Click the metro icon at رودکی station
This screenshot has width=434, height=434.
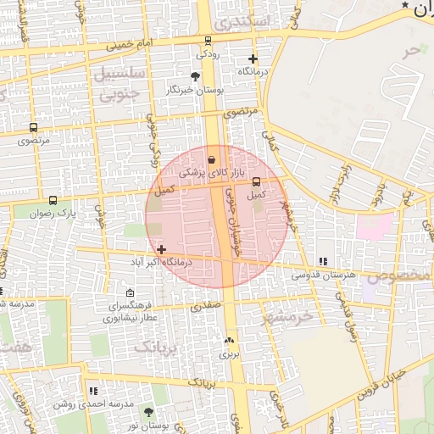pyautogui.click(x=209, y=40)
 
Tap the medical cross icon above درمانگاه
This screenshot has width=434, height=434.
pyautogui.click(x=253, y=59)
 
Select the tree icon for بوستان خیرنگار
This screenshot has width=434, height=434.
pyautogui.click(x=196, y=76)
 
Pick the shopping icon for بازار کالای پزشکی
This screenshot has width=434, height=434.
pyautogui.click(x=211, y=159)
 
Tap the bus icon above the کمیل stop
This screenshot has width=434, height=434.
pyautogui.click(x=256, y=181)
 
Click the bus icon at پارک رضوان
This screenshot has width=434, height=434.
pyautogui.click(x=53, y=201)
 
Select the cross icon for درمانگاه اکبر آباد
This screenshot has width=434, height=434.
pyautogui.click(x=161, y=249)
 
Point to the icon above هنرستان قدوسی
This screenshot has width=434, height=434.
pyautogui.click(x=321, y=261)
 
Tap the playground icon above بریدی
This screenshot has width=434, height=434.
pyautogui.click(x=229, y=341)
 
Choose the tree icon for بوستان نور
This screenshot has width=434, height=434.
pyautogui.click(x=149, y=411)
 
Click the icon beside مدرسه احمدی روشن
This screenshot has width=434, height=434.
pyautogui.click(x=93, y=391)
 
